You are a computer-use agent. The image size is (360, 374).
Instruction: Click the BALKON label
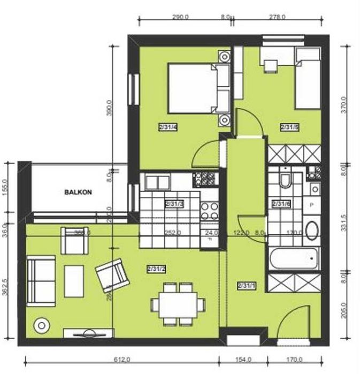click(x=76, y=191)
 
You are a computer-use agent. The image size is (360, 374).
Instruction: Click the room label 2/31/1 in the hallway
click(x=246, y=285)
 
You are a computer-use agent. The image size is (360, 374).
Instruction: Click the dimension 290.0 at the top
click(x=180, y=17)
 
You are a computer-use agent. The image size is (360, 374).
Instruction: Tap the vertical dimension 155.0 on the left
click(x=6, y=188)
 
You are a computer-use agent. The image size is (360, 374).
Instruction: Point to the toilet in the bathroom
click(x=286, y=180)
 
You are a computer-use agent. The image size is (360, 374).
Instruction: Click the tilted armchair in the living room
click(x=113, y=274)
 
